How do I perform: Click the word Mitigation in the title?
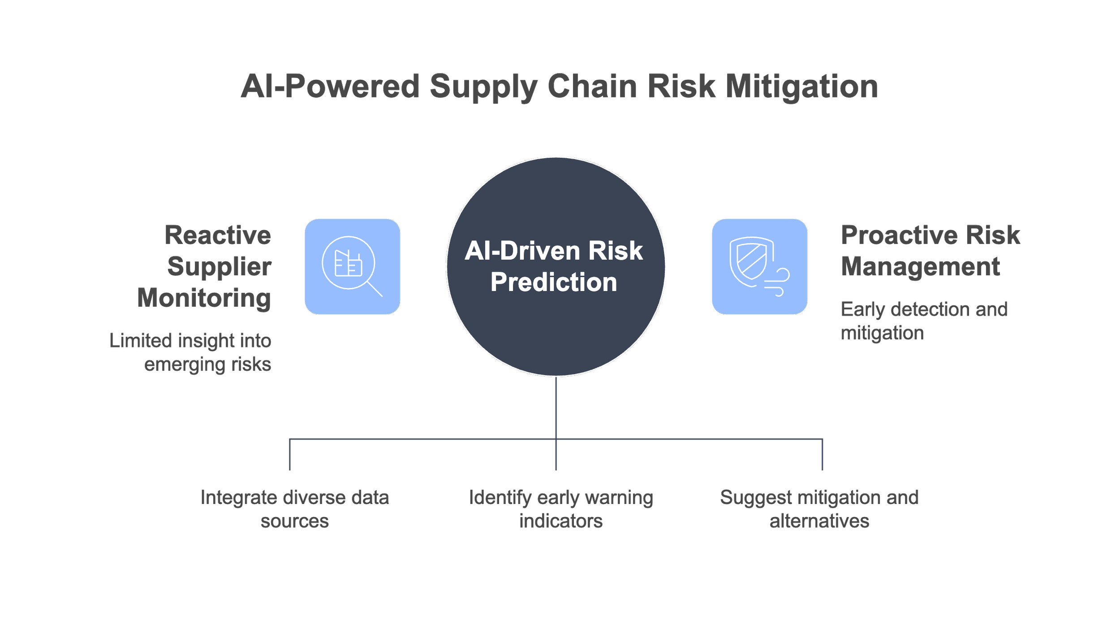801,86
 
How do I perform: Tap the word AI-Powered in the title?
330,86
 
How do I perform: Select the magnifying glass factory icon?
352,267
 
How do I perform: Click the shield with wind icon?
759,267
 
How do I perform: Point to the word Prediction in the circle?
554,282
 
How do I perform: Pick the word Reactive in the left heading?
218,235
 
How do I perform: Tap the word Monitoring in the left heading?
204,298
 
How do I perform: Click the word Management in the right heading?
920,266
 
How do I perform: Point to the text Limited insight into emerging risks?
190,352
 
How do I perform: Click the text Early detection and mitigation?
924,321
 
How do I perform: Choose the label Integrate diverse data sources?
294,509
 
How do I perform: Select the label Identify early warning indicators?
561,509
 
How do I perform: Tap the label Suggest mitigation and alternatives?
819,509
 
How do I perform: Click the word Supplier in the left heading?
219,266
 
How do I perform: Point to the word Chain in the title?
592,86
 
